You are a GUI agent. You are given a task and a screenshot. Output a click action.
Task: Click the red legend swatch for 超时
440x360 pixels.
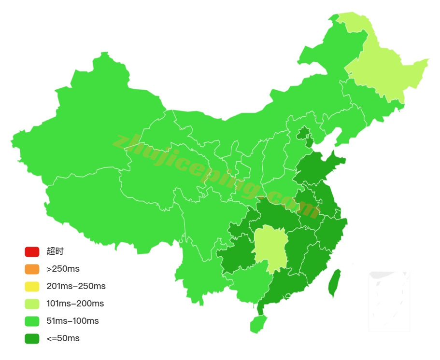point(32,251)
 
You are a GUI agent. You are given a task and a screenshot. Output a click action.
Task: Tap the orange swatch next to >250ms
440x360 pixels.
point(32,269)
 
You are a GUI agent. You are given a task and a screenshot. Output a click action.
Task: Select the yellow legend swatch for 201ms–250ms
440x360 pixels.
point(32,286)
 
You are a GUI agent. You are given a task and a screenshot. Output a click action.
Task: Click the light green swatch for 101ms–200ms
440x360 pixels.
point(32,304)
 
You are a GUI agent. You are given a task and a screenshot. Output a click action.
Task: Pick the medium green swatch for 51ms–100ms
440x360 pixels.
point(32,321)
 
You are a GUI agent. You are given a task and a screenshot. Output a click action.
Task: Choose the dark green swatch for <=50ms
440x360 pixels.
point(32,338)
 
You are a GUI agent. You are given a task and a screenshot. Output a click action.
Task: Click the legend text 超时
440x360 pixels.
point(55,251)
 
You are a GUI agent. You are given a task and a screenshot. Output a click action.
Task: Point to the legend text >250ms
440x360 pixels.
point(63,269)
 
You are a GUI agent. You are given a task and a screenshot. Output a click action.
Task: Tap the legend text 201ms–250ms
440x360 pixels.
point(76,286)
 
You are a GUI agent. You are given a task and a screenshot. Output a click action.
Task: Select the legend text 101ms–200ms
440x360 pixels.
point(75,304)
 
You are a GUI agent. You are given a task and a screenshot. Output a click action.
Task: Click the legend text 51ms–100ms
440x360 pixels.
point(72,321)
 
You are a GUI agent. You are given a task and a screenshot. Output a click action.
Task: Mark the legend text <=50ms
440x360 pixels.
point(63,338)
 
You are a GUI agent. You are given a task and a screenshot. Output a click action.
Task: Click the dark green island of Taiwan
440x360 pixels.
point(334,284)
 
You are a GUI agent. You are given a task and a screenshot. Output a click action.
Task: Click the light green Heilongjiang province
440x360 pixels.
point(386,72)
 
